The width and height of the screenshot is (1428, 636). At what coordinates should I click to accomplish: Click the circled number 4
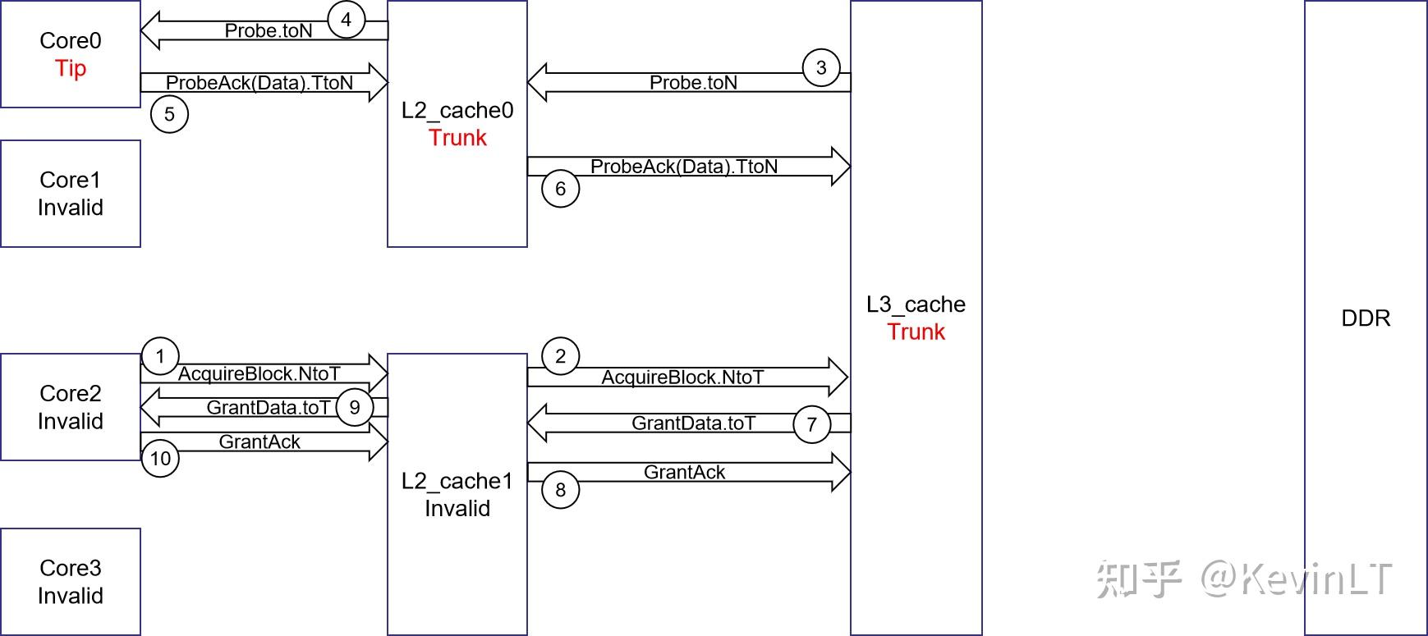point(346,20)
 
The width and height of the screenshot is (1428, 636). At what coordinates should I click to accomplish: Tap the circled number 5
point(169,114)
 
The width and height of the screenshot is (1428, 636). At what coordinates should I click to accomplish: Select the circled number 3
point(820,68)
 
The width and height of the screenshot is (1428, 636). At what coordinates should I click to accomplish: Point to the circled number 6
point(560,189)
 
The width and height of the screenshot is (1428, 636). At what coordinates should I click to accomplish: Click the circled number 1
point(160,356)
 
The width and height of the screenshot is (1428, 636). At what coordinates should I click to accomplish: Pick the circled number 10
point(160,458)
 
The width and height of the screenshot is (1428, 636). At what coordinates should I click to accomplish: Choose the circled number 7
point(811,424)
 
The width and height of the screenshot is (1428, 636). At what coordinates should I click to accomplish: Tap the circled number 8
point(560,490)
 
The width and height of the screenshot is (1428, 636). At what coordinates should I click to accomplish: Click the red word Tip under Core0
point(71,68)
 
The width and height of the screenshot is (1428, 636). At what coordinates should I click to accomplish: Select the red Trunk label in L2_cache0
point(457,138)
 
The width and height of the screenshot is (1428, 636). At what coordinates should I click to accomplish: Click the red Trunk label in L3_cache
point(916,332)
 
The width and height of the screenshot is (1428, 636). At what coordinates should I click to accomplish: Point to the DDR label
point(1365,318)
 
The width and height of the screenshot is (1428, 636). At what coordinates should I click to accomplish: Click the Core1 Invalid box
point(71,194)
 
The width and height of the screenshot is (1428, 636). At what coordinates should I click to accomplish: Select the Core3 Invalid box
point(71,581)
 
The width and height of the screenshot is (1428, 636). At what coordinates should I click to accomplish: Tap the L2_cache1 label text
point(457,481)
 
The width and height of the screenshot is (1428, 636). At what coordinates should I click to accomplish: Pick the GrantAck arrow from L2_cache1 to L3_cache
point(686,473)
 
